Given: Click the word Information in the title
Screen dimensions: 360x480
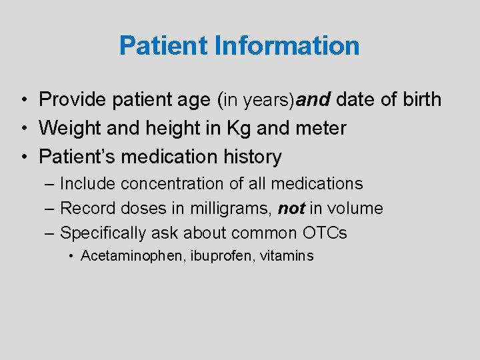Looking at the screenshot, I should tap(287, 46).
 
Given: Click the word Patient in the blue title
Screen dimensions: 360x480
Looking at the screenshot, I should tap(164, 46).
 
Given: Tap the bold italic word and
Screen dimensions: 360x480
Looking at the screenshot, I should tap(314, 100).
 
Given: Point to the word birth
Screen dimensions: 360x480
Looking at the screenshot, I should tap(419, 100).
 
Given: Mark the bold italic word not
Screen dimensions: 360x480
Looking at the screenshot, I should tap(291, 209).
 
